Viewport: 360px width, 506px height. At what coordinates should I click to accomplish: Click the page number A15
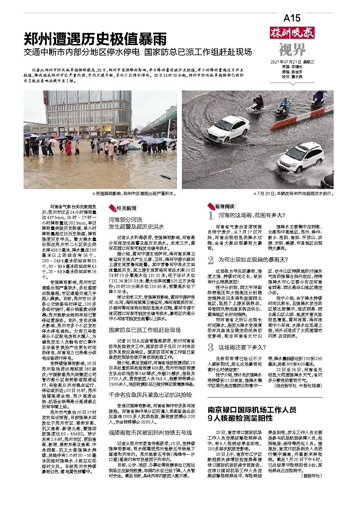pos(292,18)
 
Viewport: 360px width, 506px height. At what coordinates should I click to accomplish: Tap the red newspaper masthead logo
pos(292,34)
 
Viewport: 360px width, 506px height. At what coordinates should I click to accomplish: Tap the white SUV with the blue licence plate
pos(300,156)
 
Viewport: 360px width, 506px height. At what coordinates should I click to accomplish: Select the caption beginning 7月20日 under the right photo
pos(293,193)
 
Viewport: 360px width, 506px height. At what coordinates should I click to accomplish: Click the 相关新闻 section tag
pos(123,208)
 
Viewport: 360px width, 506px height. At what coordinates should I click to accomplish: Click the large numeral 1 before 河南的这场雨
pos(210,216)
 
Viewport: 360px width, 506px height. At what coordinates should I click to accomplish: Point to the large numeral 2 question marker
pos(210,260)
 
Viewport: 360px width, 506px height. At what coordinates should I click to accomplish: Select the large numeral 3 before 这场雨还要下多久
pos(210,347)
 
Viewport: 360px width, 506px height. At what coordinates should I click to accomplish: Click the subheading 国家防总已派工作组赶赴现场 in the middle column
pos(144,330)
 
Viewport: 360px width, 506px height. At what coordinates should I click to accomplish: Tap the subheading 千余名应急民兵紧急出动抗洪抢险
pos(150,395)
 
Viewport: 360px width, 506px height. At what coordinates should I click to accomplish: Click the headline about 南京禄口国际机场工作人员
pos(252,414)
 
